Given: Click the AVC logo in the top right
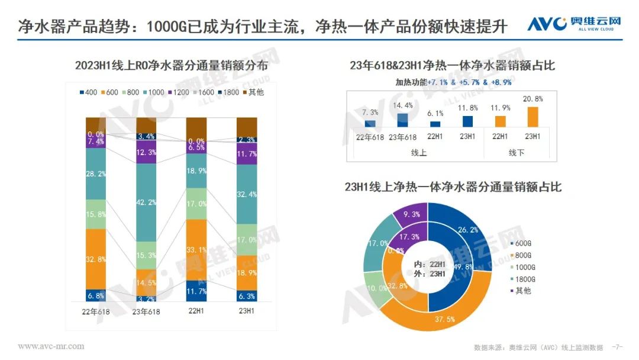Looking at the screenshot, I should click(574, 24).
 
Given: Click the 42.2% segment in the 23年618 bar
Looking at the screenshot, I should click(146, 202).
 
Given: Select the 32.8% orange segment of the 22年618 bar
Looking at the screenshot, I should click(96, 259).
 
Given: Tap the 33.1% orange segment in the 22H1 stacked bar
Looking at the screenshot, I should click(196, 249).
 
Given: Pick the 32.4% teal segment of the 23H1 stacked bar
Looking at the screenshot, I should click(247, 194).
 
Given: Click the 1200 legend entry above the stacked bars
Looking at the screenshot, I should click(179, 92).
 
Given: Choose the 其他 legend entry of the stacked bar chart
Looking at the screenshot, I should click(253, 92).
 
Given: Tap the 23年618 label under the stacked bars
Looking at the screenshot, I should click(146, 311).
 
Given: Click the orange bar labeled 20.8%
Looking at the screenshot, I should click(533, 117).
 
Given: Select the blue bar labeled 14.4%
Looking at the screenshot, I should click(402, 120).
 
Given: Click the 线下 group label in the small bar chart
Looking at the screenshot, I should click(517, 153).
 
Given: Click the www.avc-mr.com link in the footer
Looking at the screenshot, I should click(51, 346).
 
